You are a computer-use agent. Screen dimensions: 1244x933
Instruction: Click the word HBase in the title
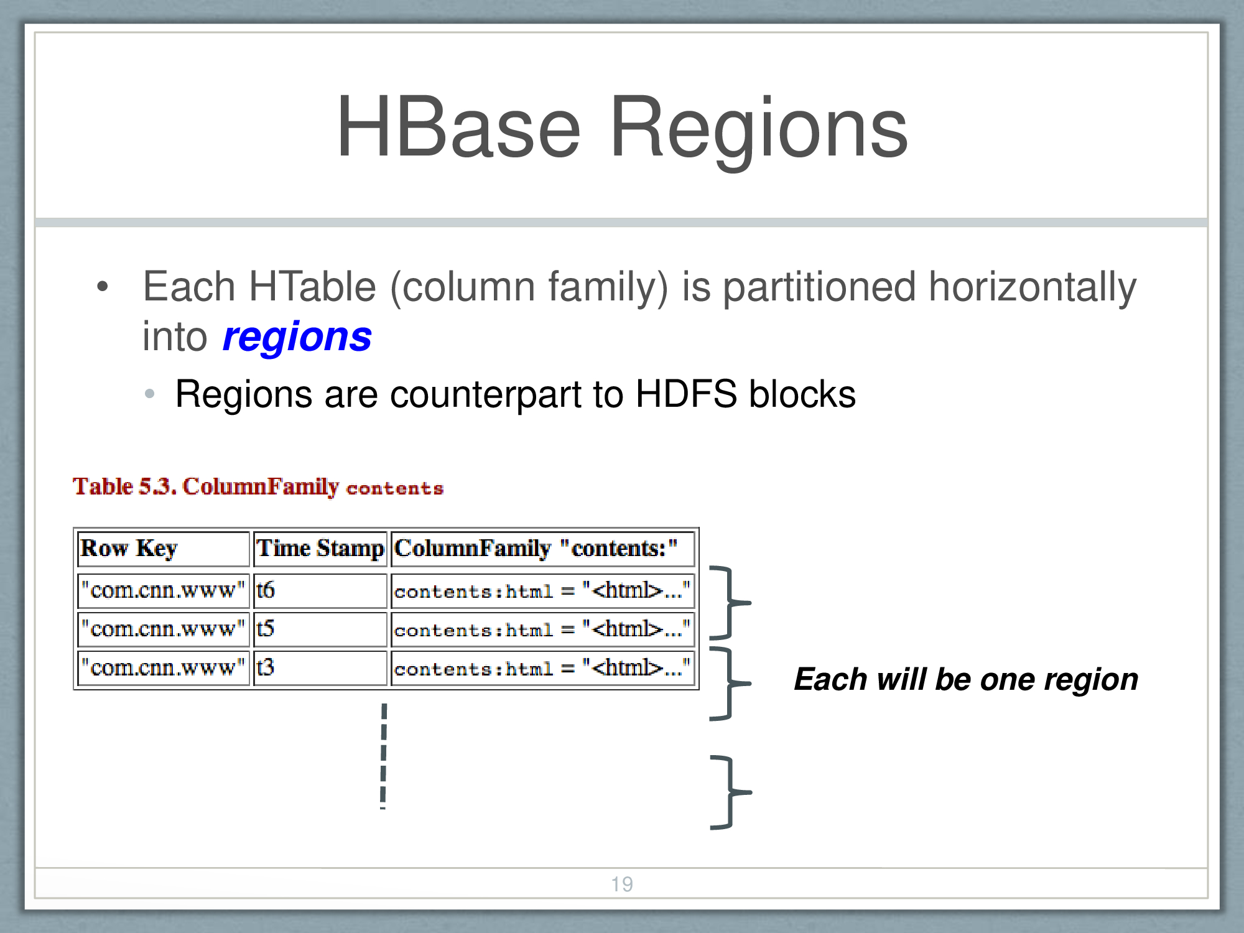[459, 127]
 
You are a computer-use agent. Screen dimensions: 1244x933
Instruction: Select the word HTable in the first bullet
[312, 287]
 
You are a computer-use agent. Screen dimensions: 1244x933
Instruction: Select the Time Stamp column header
[320, 549]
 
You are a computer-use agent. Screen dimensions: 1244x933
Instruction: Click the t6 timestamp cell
[320, 590]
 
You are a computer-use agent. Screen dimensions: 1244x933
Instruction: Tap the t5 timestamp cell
[320, 629]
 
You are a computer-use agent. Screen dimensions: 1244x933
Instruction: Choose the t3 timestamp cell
[320, 667]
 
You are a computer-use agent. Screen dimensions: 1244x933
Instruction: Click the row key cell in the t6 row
[163, 590]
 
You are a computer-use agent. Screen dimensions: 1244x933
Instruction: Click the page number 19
[622, 884]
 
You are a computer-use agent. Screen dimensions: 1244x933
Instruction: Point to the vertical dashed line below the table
[384, 756]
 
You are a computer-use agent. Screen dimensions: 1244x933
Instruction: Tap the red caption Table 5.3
[125, 486]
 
